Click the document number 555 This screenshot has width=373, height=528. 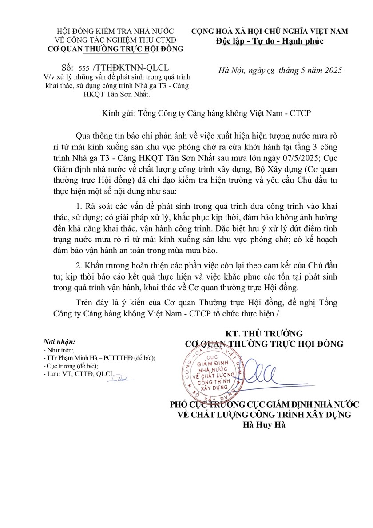click(83, 68)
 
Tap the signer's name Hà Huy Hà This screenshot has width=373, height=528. click(266, 424)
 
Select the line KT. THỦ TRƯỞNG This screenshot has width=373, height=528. click(264, 333)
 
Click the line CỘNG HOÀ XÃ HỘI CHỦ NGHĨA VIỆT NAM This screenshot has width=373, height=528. click(270, 31)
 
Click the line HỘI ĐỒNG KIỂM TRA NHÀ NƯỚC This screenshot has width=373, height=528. click(115, 31)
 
